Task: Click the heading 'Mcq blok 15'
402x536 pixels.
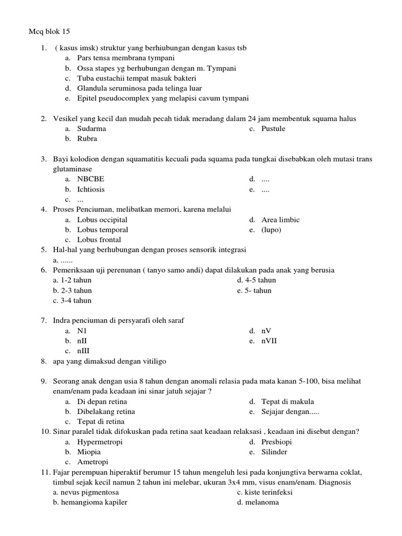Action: click(x=49, y=32)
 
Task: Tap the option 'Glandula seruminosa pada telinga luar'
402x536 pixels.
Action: click(x=139, y=88)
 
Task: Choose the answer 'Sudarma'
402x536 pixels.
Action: click(x=92, y=129)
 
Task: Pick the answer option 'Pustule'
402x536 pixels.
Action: click(x=273, y=129)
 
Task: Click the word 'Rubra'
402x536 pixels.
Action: click(x=87, y=139)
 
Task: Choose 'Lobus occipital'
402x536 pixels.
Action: click(x=102, y=220)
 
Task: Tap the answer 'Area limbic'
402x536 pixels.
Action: click(x=281, y=220)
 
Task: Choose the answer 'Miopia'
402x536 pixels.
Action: click(x=89, y=452)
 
